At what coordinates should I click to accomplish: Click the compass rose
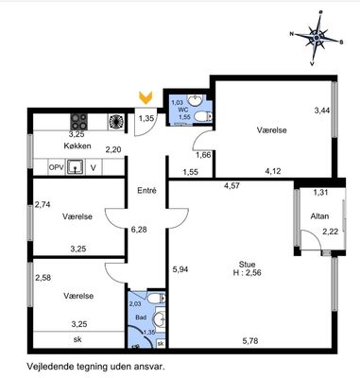317,38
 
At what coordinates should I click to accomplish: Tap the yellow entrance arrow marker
146,97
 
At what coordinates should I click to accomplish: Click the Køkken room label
77,146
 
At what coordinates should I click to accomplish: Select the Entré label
146,191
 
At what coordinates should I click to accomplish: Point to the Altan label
319,216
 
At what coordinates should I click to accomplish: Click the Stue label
247,265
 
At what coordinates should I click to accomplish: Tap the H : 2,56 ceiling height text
248,273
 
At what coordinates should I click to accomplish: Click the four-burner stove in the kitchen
78,122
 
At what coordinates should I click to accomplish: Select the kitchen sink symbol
75,167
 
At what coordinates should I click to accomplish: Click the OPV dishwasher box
57,167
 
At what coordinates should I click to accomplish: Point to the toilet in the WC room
203,117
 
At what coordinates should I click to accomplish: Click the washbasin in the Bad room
160,319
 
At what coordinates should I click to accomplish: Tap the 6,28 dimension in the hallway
139,230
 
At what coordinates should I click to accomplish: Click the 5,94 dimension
180,269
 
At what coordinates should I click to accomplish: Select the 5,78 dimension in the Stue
250,340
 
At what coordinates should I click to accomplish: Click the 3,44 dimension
322,111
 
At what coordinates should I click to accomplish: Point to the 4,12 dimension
273,171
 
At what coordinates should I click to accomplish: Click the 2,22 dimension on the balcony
330,232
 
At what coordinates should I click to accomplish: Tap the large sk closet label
77,339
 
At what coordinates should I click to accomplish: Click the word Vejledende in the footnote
45,367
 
